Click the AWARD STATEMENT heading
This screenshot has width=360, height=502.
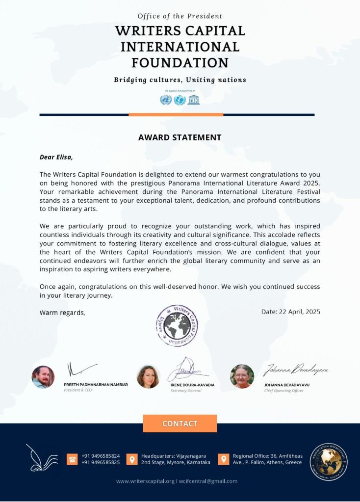[x=180, y=138]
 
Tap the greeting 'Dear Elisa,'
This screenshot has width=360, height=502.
[x=56, y=158]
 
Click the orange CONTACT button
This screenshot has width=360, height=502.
[x=180, y=423]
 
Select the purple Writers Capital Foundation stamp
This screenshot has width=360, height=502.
[x=176, y=325]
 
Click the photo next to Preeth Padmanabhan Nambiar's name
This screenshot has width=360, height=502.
[x=43, y=377]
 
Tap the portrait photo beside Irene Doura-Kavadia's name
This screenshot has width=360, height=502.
[x=148, y=377]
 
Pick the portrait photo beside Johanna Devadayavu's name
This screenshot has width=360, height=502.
[x=242, y=376]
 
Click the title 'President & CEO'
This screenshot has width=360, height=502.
[x=78, y=390]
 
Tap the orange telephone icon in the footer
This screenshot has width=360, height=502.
[x=72, y=459]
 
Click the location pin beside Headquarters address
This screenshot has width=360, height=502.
[x=131, y=459]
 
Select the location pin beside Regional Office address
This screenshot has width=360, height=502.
[x=223, y=459]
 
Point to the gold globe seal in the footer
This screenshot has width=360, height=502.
[x=329, y=462]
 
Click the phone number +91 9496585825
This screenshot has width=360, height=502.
[x=101, y=463]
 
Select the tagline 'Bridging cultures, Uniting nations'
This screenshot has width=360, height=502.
[x=180, y=80]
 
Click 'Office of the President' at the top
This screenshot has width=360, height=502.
[x=180, y=16]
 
